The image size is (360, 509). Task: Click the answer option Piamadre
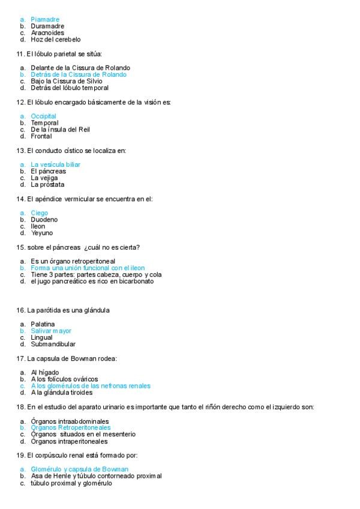coord(45,19)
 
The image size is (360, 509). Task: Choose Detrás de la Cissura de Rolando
coord(79,74)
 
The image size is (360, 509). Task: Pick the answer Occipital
coord(43,116)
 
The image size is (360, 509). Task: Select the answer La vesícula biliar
coord(55,164)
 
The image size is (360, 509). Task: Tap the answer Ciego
coord(39,213)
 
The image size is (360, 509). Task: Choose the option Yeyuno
coord(41,233)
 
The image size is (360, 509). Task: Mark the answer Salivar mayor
coord(51,331)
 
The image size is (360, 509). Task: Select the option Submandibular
coord(53,345)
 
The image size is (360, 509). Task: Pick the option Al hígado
coord(44,372)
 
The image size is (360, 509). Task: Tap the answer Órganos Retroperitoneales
coord(71,427)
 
